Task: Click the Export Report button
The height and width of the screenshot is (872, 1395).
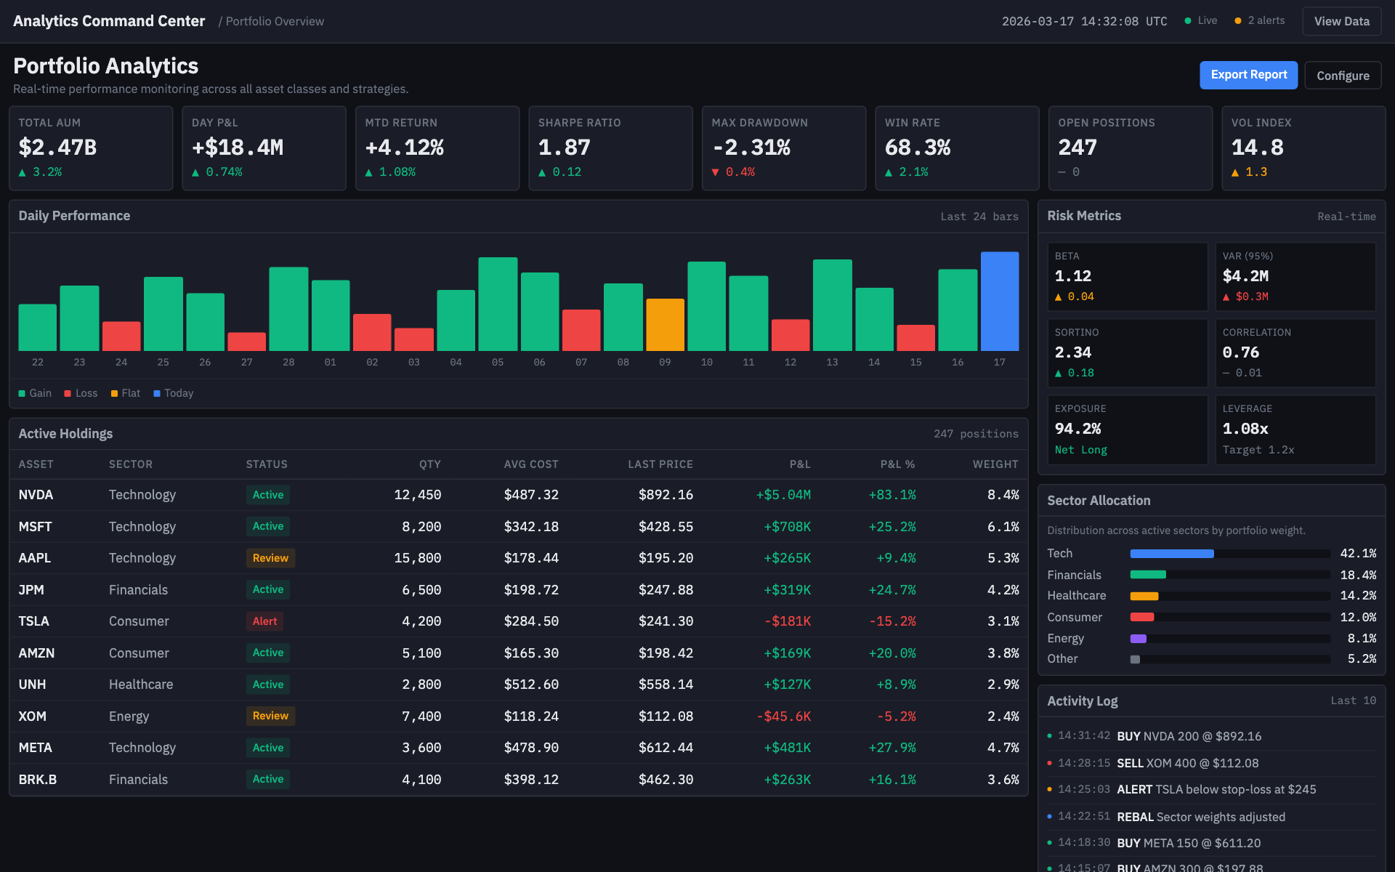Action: pyautogui.click(x=1248, y=75)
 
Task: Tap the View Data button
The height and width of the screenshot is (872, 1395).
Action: pyautogui.click(x=1341, y=21)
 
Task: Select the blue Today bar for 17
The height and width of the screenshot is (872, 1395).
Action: pyautogui.click(x=1000, y=302)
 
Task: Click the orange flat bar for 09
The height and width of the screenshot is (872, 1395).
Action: pyautogui.click(x=665, y=325)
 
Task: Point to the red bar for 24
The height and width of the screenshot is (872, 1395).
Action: pyautogui.click(x=121, y=336)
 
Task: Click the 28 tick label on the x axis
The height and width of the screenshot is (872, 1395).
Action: pyautogui.click(x=288, y=362)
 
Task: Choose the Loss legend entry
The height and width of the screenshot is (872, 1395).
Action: pyautogui.click(x=81, y=393)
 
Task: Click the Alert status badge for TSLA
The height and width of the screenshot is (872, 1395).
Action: pyautogui.click(x=264, y=621)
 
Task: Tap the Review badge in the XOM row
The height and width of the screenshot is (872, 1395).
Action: pyautogui.click(x=270, y=716)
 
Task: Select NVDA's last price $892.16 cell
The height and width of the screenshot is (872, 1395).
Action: pyautogui.click(x=666, y=495)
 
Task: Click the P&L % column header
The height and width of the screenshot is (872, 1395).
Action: pyautogui.click(x=897, y=464)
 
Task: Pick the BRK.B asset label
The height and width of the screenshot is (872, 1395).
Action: pyautogui.click(x=38, y=780)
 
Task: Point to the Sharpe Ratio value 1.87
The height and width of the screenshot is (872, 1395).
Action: pyautogui.click(x=564, y=148)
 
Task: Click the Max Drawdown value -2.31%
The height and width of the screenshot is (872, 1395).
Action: pyautogui.click(x=751, y=148)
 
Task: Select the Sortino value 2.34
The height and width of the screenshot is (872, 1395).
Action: pyautogui.click(x=1072, y=352)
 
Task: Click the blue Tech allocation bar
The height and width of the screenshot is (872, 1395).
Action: pyautogui.click(x=1171, y=554)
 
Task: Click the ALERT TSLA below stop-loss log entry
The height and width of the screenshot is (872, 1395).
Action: pyautogui.click(x=1216, y=789)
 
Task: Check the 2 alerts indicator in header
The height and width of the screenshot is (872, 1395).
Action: pyautogui.click(x=1260, y=20)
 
